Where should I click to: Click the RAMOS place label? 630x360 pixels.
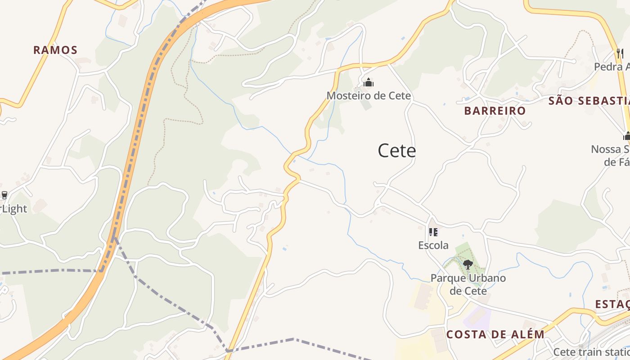click(55, 50)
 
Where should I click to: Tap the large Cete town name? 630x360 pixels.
click(396, 151)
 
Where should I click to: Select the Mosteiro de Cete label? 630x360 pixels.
click(369, 96)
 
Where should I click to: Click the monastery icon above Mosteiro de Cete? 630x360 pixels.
click(369, 82)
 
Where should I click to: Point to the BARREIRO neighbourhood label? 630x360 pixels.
click(495, 111)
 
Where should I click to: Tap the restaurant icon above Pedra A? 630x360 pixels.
click(620, 53)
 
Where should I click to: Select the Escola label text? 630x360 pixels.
click(433, 245)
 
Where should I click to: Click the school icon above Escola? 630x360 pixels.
click(433, 232)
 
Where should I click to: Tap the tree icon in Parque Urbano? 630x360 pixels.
click(468, 264)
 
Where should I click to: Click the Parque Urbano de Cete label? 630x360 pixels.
click(468, 284)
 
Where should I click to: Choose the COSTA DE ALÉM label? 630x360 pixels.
click(495, 334)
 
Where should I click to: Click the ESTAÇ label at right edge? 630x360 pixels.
click(612, 304)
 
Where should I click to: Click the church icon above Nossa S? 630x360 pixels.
click(626, 135)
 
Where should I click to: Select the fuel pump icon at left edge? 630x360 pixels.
click(4, 195)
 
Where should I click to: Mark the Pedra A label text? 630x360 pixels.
click(611, 67)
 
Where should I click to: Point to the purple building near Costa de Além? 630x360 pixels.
click(477, 316)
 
